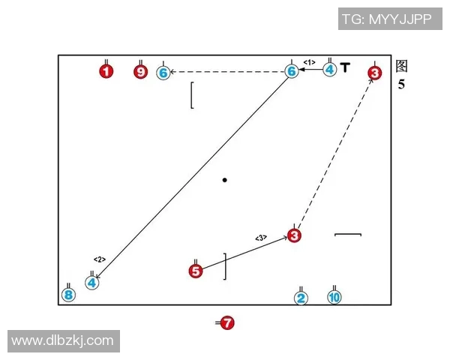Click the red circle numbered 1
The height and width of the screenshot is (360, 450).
coord(106,71)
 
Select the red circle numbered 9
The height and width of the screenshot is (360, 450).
coord(141,71)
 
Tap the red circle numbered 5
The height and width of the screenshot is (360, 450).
coord(196,271)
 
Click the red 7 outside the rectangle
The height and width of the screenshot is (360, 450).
coord(227,323)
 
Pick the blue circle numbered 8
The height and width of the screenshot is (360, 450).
coord(68,295)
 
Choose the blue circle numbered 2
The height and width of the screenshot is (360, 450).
coord(301,298)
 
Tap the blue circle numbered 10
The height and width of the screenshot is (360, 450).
coord(334,297)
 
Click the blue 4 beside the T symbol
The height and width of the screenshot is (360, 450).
coord(330,70)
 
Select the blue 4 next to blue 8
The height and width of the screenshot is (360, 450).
coord(91,283)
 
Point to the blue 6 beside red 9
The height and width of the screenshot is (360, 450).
coord(163,73)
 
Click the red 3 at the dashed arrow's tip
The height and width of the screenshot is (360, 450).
coord(375,73)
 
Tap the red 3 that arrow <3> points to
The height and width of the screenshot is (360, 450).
coord(294,235)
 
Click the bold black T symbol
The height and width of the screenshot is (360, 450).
coord(345,67)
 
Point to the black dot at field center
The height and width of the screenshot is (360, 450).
coord(225,180)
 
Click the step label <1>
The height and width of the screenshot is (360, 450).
coord(309,62)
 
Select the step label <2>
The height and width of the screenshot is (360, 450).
coord(100,259)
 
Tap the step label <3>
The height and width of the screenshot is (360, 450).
coord(261,238)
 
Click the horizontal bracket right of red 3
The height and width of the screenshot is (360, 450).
coord(348,235)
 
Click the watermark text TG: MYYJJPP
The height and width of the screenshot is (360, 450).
coord(387,19)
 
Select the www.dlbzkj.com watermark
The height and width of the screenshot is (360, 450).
coord(62,340)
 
